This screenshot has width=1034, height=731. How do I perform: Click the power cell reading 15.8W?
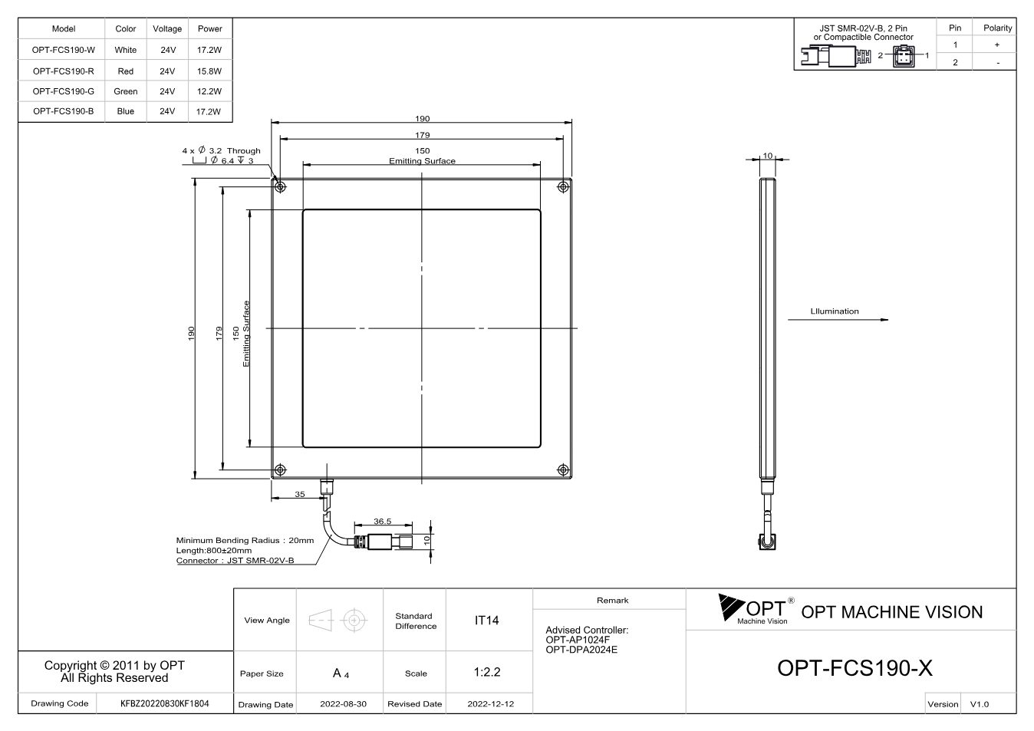point(209,71)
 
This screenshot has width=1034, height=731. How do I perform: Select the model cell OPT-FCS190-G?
point(63,91)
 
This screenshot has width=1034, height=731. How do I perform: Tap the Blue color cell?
point(126,111)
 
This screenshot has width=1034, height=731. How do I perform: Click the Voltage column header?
point(167,28)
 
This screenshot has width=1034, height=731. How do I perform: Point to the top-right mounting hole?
point(563,187)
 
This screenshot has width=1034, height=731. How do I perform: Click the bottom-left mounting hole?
point(280,469)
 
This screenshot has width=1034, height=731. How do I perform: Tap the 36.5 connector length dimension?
point(382,521)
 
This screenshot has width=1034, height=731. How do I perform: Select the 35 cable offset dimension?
point(300,494)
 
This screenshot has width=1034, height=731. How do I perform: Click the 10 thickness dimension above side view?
point(767,156)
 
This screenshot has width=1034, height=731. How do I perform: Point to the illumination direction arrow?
point(838,319)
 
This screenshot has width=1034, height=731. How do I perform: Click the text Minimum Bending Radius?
point(228,541)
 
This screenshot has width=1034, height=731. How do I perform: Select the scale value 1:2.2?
point(487,672)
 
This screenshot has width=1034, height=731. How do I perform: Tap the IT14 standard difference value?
point(486,621)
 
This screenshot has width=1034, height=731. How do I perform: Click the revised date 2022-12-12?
point(490,704)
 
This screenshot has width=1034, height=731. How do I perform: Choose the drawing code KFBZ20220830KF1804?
point(164,703)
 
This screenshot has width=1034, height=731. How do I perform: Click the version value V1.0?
point(979,704)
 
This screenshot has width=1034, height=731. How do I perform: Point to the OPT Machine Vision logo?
point(756,609)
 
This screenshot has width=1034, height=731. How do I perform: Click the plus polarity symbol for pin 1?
point(997,44)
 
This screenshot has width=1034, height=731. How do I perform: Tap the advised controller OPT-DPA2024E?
point(581,650)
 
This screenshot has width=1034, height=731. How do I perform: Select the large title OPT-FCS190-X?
point(855,668)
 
